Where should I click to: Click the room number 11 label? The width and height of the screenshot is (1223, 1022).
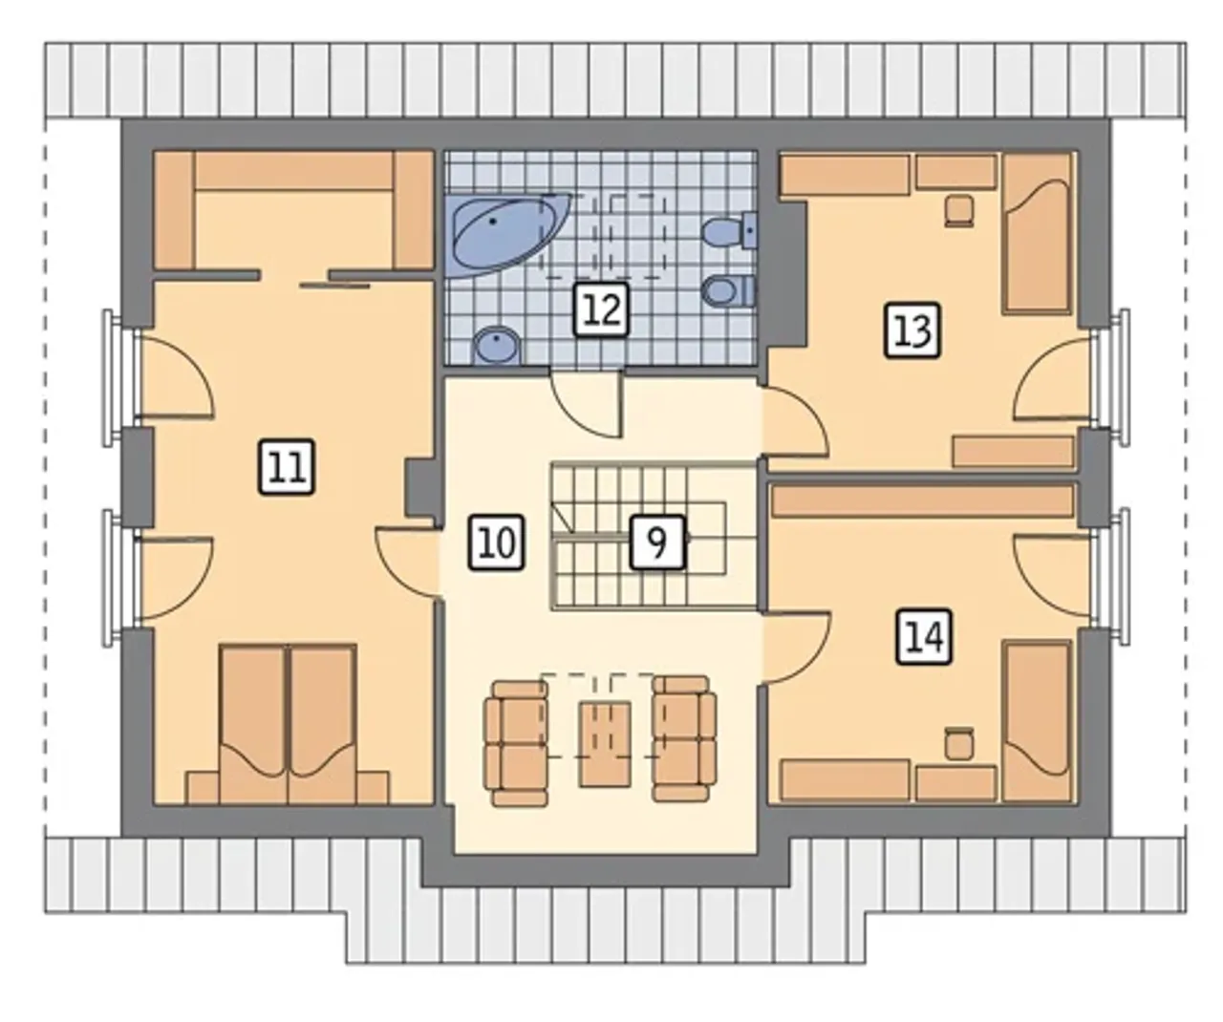click(287, 467)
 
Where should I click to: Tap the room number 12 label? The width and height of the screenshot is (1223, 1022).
click(601, 309)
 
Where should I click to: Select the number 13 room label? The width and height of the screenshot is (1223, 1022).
click(912, 330)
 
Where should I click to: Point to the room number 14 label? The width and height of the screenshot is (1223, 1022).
click(924, 637)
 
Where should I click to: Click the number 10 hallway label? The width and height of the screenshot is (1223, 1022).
click(496, 542)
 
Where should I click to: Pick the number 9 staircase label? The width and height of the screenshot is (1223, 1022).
click(657, 542)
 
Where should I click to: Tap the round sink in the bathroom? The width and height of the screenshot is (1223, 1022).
click(497, 346)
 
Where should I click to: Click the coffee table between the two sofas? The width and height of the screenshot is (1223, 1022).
click(605, 744)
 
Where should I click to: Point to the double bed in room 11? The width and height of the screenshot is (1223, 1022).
click(289, 724)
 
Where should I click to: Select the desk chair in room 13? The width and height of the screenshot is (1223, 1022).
click(959, 211)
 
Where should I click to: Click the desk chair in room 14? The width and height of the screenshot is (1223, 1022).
click(959, 744)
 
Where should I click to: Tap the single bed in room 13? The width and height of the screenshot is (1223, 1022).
click(1038, 234)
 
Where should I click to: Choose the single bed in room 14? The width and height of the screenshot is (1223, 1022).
click(1038, 721)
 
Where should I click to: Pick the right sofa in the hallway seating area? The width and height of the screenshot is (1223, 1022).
click(684, 738)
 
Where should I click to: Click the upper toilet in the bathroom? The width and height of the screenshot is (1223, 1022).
click(730, 231)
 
